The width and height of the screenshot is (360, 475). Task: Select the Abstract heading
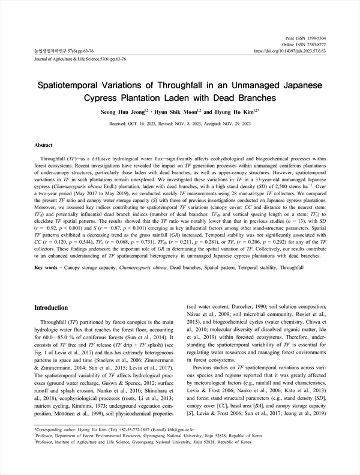pyautogui.click(x=44, y=145)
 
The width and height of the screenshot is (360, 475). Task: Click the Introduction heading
pyautogui.click(x=52, y=307)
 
